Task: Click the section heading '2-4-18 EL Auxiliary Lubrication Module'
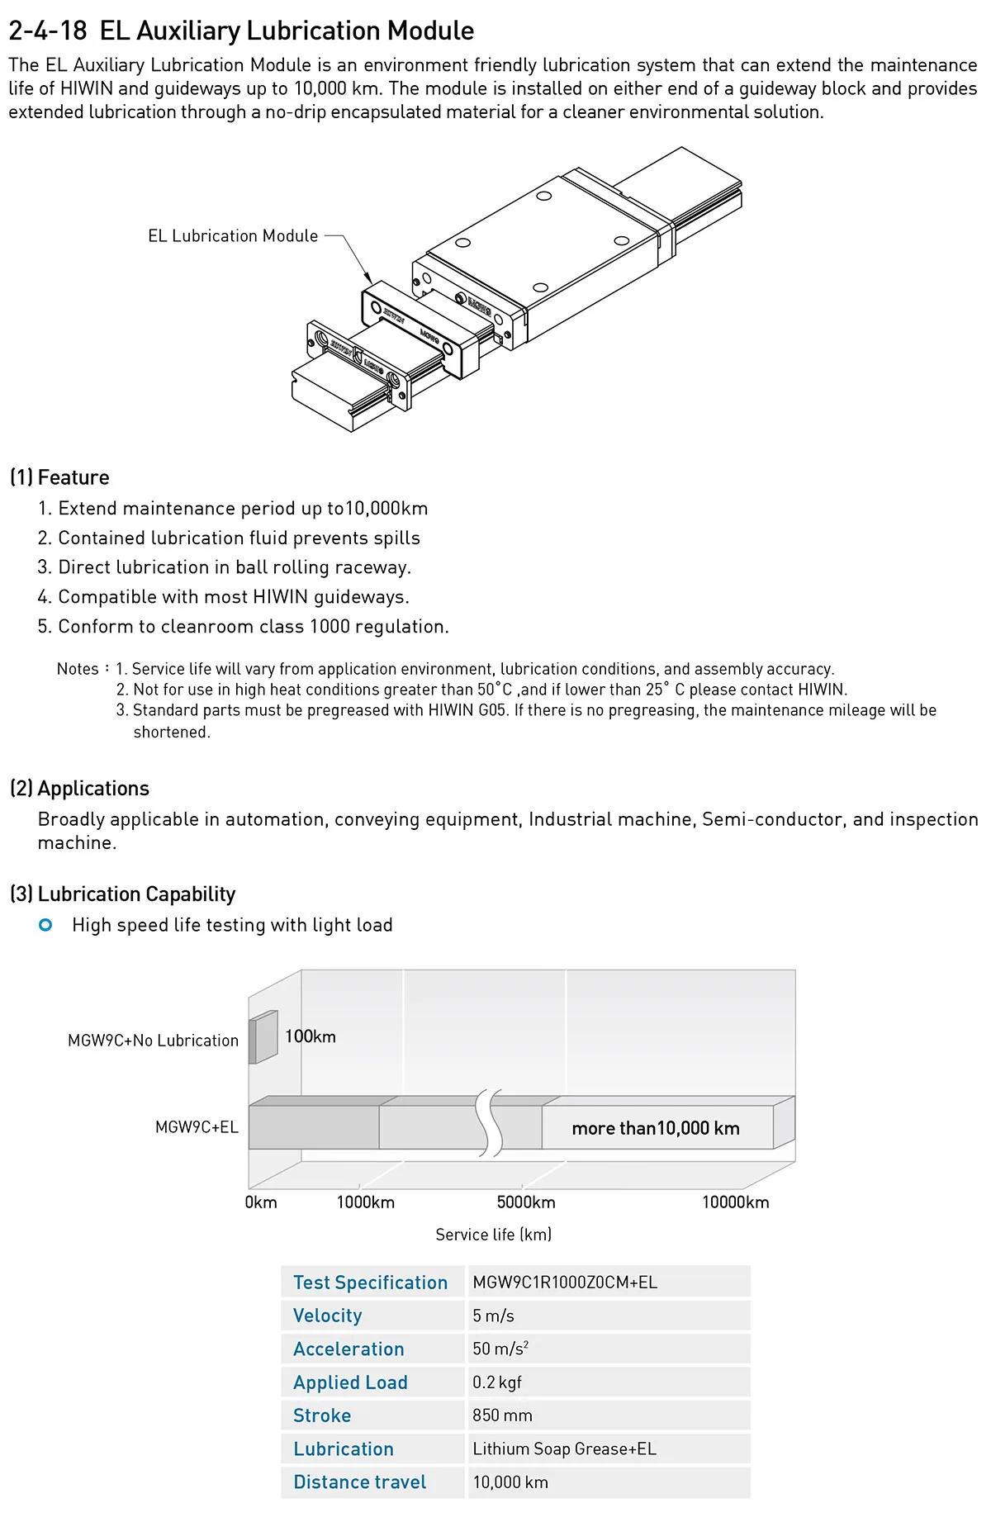point(241,31)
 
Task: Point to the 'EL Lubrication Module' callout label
point(233,236)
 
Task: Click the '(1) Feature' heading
point(59,477)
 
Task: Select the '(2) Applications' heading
point(79,789)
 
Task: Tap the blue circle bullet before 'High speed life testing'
point(45,925)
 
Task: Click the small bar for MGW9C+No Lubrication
point(263,1037)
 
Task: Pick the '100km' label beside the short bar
point(310,1036)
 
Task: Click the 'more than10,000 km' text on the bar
point(656,1128)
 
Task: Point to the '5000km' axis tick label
point(526,1202)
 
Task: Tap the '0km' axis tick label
point(261,1202)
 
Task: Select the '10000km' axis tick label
point(735,1202)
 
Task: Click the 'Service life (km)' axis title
point(493,1235)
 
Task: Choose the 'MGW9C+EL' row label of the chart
point(197,1127)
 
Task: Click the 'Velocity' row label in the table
point(328,1316)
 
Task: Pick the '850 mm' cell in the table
point(502,1415)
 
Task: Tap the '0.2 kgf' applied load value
point(497,1382)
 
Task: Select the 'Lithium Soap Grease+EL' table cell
point(564,1449)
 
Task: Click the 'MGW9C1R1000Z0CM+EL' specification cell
point(565,1283)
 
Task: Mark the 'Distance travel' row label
point(359,1482)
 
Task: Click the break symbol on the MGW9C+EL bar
point(490,1123)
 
